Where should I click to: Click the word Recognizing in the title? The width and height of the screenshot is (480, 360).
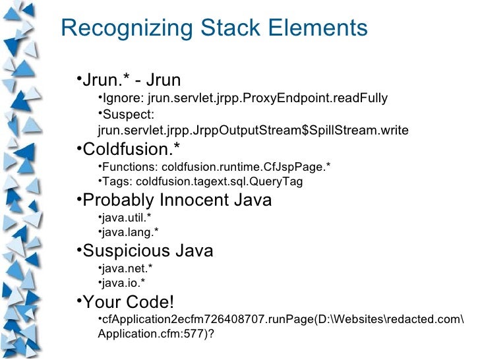click(x=121, y=28)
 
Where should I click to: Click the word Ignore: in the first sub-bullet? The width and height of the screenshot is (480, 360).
click(x=121, y=99)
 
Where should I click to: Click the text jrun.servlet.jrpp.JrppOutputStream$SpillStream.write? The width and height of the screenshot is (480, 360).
click(x=253, y=131)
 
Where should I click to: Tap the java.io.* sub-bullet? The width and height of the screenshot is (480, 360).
click(x=121, y=284)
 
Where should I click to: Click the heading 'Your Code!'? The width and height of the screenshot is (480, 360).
click(x=129, y=303)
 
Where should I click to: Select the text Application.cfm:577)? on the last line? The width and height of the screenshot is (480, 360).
click(x=156, y=333)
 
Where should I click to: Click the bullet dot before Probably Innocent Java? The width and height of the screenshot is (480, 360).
click(x=78, y=198)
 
